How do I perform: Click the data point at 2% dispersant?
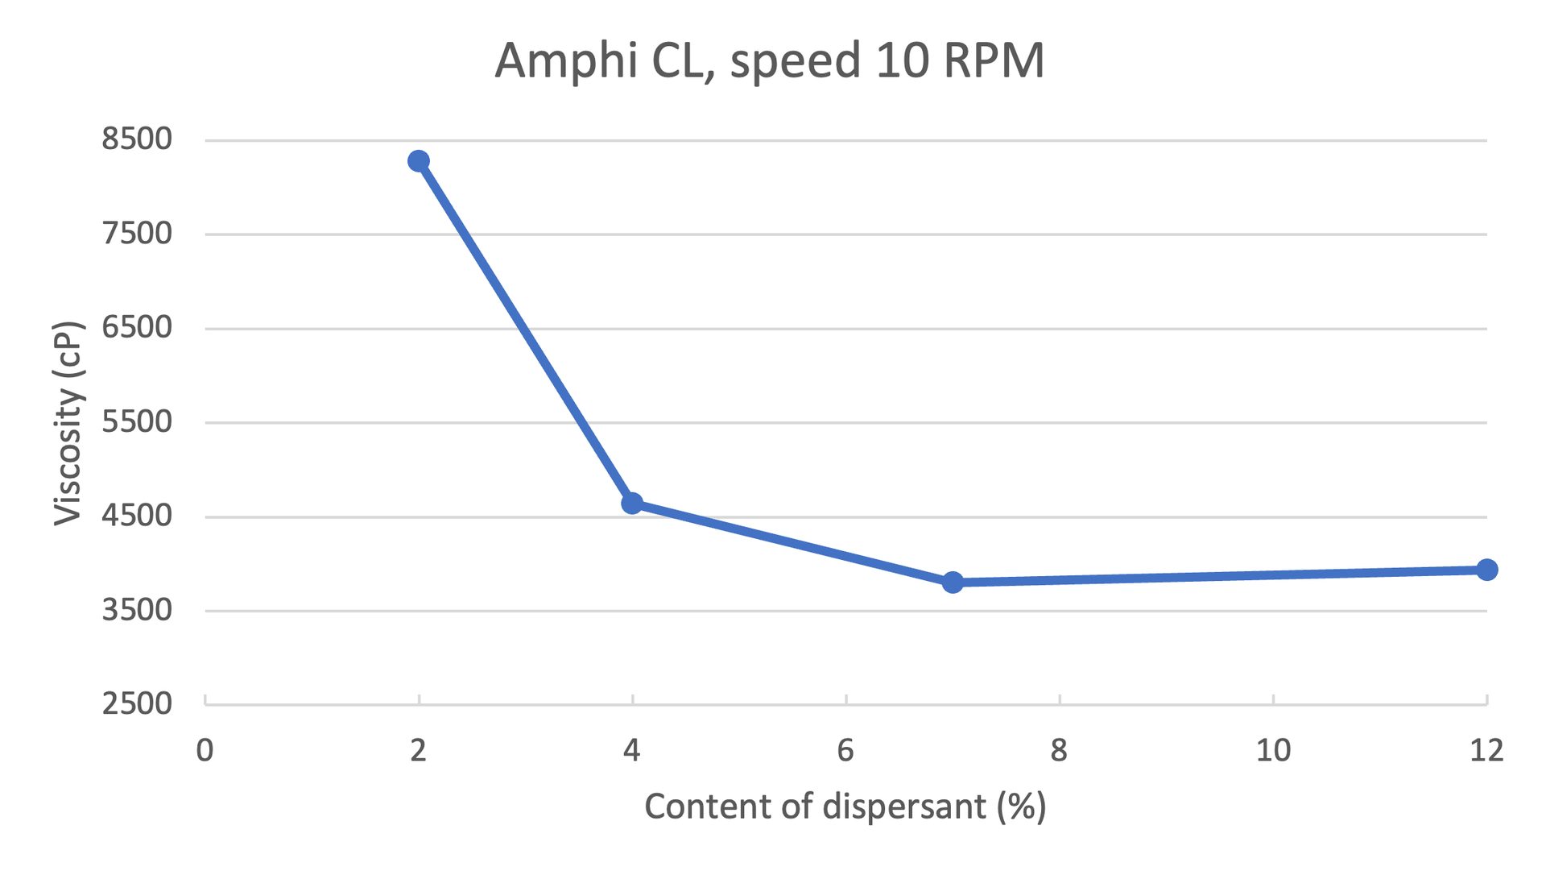(418, 161)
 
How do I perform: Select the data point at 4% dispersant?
(632, 504)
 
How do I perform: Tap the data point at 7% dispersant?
(953, 582)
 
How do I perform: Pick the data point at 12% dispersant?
(1486, 570)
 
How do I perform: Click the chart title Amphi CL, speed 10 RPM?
(769, 60)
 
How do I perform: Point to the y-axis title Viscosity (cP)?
(68, 423)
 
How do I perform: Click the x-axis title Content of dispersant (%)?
(845, 807)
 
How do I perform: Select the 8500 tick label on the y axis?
(137, 139)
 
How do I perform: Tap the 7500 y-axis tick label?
(137, 234)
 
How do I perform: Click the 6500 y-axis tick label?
(137, 328)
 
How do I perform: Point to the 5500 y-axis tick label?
(137, 421)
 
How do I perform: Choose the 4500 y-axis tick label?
(137, 516)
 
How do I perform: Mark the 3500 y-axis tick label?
(137, 610)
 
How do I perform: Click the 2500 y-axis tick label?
(137, 704)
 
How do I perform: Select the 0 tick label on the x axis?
(205, 751)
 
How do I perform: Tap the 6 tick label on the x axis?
(845, 751)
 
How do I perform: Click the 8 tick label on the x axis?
(1059, 751)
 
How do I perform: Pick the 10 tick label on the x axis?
(1273, 751)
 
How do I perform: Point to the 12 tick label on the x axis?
(1486, 751)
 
